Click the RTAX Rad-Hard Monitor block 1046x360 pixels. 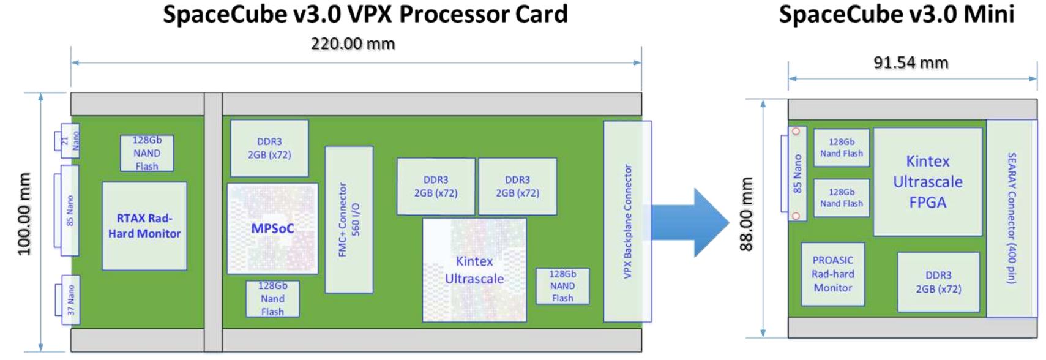point(144,226)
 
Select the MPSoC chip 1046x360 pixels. point(272,228)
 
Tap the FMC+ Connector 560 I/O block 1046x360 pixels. point(349,219)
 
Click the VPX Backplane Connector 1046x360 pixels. point(627,221)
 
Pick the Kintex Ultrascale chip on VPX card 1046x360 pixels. point(474,270)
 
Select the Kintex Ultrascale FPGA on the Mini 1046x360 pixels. point(927,182)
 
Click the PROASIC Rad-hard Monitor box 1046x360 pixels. point(832,274)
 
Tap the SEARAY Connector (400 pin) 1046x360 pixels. point(1011,218)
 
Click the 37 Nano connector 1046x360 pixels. point(70,300)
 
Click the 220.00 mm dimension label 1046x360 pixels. point(353,44)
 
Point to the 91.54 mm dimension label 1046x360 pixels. point(911,62)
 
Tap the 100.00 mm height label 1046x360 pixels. point(24,214)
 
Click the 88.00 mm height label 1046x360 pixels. point(746,214)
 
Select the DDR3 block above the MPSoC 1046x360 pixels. point(269,148)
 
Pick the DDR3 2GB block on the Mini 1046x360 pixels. point(938,282)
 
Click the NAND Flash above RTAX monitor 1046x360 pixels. point(147,153)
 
